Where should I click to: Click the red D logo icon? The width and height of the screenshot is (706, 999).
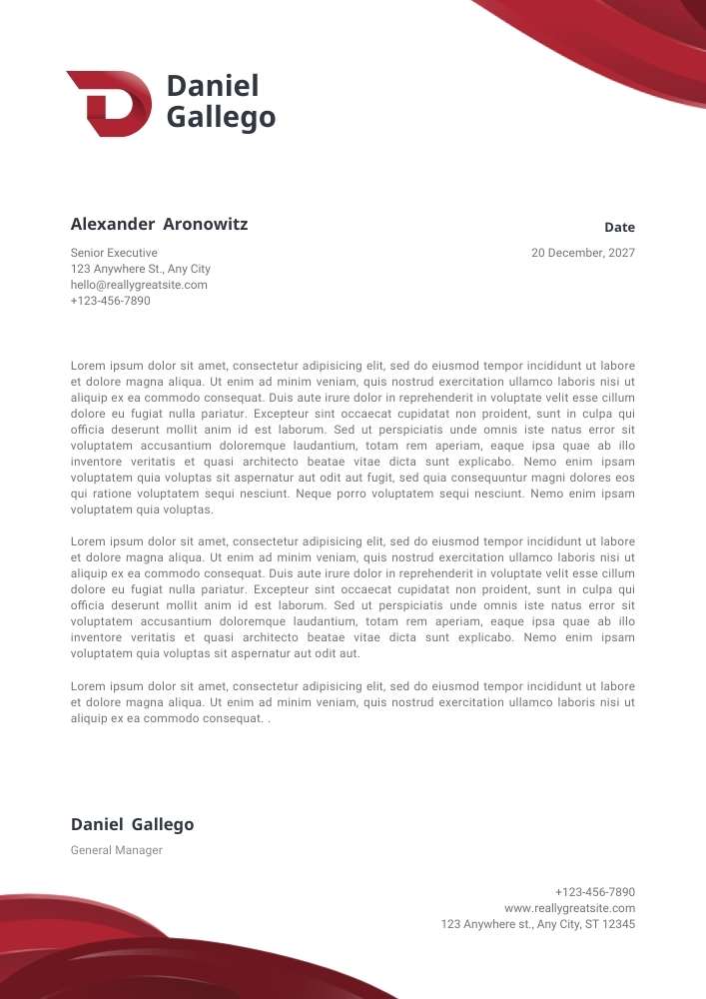(108, 103)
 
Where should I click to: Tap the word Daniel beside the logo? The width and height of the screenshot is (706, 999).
(212, 86)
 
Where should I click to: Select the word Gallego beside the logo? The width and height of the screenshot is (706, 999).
(221, 118)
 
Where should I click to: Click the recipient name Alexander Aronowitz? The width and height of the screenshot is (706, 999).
(159, 224)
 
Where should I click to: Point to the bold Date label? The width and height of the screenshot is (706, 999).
(619, 228)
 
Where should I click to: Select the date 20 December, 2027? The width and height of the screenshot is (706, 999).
(582, 253)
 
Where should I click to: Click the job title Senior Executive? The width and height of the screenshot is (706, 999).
(114, 253)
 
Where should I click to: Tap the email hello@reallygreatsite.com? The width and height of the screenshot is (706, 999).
(139, 285)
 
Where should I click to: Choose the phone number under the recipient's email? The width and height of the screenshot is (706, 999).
(110, 301)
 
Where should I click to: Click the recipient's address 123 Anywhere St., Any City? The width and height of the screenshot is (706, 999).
(140, 269)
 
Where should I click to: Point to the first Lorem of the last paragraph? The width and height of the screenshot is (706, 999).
(88, 686)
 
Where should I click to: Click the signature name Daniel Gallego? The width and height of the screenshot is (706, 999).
(132, 825)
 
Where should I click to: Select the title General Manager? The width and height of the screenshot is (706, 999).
(116, 850)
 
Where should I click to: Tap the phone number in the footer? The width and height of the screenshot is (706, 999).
(594, 892)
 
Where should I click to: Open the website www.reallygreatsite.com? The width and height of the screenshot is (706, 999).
(569, 908)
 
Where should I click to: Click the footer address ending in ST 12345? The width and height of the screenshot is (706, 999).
(537, 924)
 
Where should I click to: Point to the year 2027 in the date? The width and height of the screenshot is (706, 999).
(620, 253)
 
